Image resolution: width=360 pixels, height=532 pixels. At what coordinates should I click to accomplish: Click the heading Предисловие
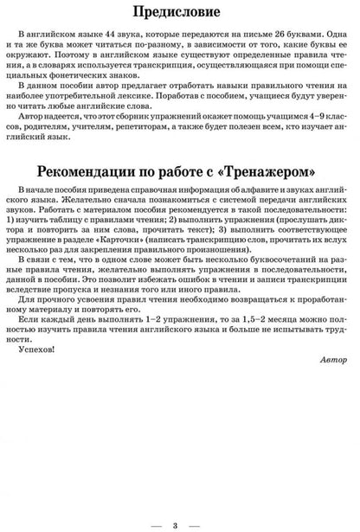179,13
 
